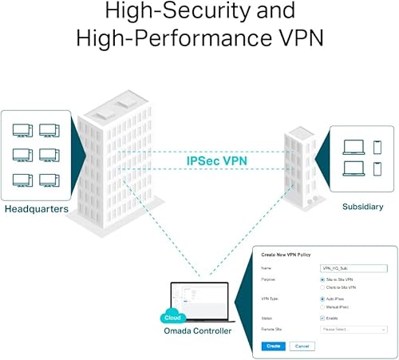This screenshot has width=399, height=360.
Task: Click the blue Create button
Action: [x=273, y=346]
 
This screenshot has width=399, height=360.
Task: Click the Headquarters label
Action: [x=35, y=209]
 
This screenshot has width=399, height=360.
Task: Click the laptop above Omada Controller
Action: [x=199, y=302]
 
